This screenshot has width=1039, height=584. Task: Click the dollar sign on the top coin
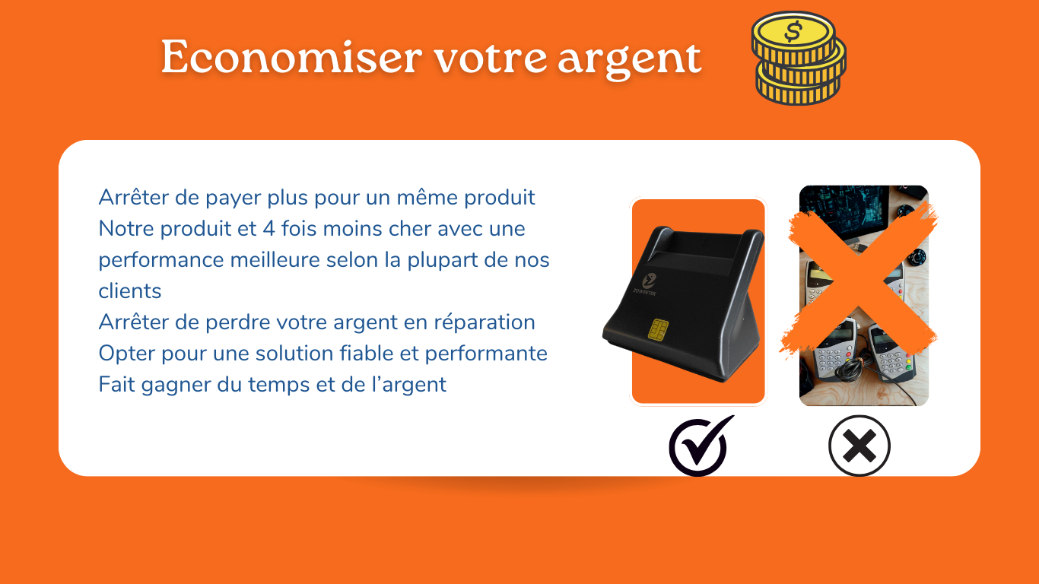click(793, 31)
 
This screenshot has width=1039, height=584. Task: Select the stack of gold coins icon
click(799, 58)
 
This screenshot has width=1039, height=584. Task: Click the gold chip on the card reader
click(658, 329)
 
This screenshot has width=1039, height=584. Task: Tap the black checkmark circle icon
click(701, 446)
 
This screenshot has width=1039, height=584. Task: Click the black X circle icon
click(859, 446)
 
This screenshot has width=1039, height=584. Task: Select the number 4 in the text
click(269, 229)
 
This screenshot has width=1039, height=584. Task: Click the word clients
click(130, 291)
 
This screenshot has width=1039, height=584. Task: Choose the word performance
click(161, 261)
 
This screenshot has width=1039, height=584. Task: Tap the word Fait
click(116, 385)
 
